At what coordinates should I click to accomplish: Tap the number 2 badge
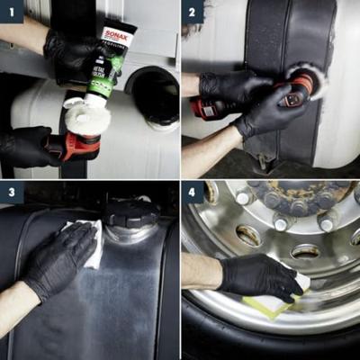pyautogui.click(x=193, y=13)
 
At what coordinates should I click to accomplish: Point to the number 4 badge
pyautogui.click(x=193, y=193)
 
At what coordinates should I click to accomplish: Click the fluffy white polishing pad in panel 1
pyautogui.click(x=88, y=117)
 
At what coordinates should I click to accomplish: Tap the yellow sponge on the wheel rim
pyautogui.click(x=270, y=306)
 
